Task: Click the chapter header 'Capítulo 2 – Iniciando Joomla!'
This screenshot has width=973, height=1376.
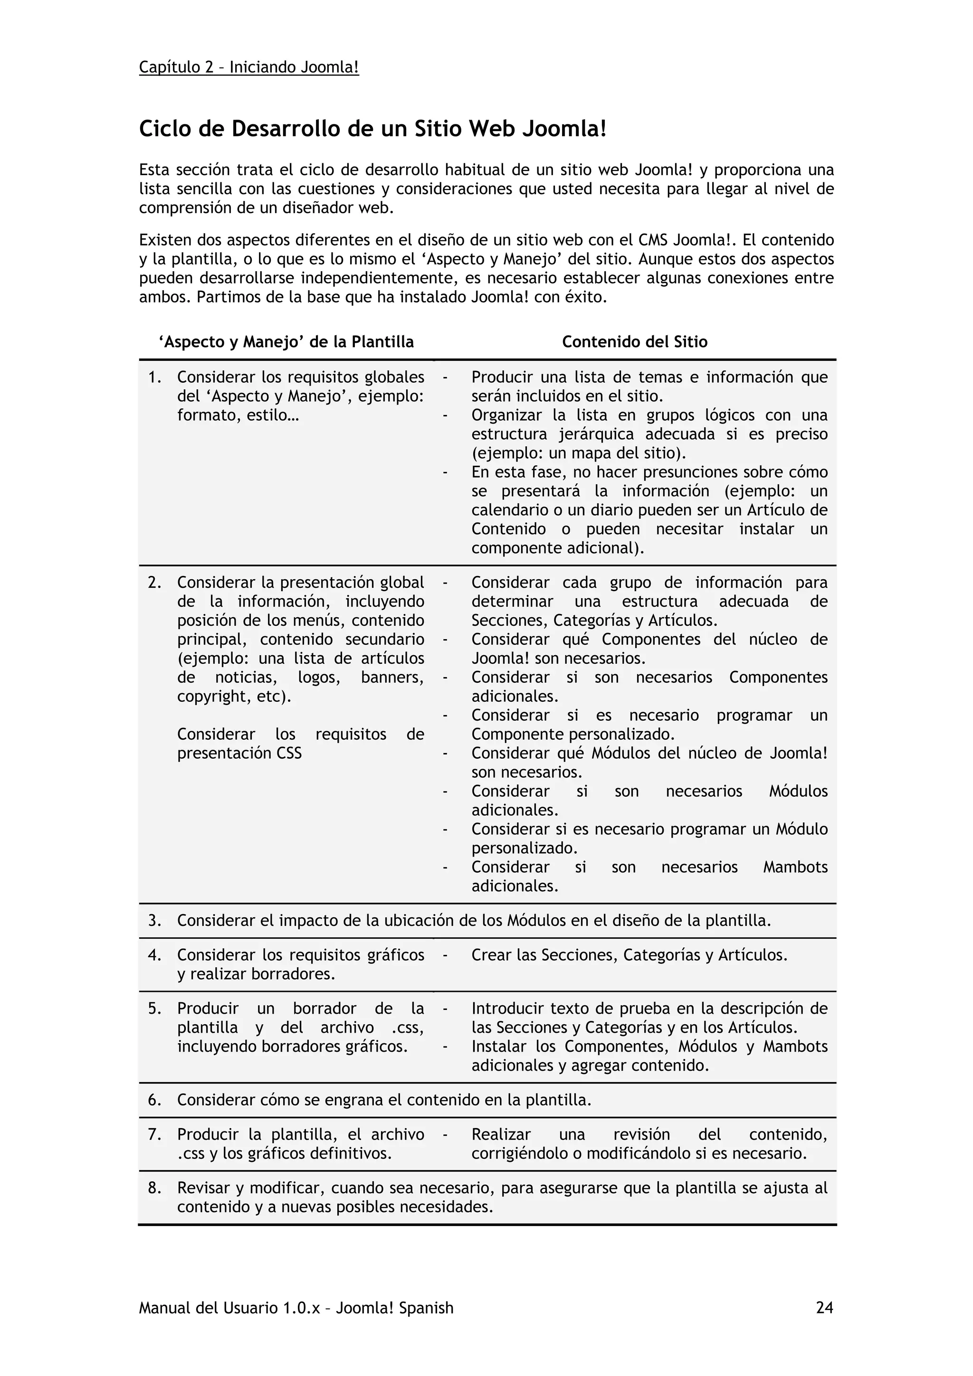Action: coord(249,67)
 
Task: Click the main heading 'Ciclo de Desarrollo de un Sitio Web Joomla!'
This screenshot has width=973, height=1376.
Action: coord(372,129)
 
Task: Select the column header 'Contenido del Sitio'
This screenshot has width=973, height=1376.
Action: coord(634,342)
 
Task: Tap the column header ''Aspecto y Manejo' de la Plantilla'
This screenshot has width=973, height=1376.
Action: coord(286,342)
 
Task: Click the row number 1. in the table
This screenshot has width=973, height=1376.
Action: coord(155,377)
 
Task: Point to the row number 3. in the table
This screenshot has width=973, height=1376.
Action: coord(155,921)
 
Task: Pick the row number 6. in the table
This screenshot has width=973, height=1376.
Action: coord(155,1100)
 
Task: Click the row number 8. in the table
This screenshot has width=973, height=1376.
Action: coord(155,1188)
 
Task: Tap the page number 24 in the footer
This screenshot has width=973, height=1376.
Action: coord(824,1308)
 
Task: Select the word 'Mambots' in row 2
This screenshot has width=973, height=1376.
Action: coord(795,867)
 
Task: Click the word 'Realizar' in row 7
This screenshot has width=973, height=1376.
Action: coord(501,1134)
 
